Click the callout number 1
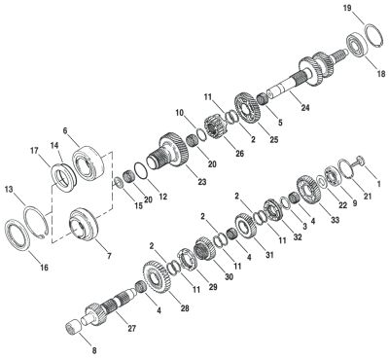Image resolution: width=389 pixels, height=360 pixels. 379,184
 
